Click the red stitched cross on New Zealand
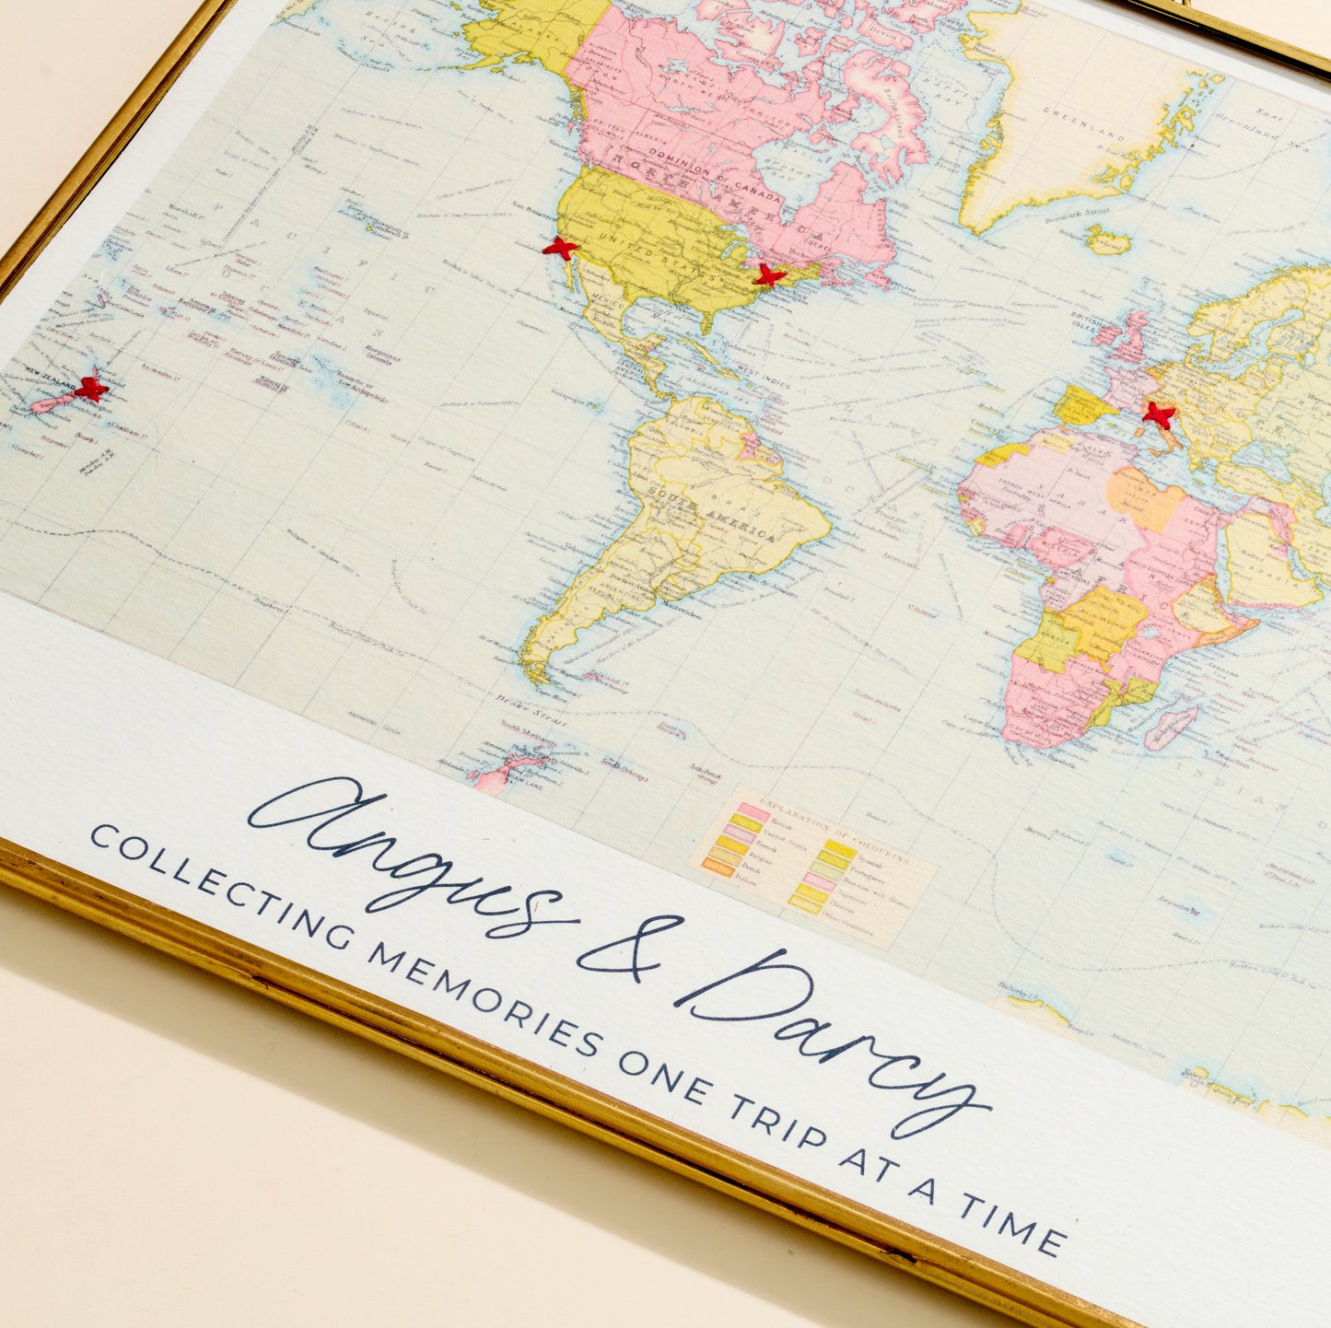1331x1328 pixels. [x=90, y=389]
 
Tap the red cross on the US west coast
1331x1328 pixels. [x=559, y=247]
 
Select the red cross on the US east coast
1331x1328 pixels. [x=768, y=274]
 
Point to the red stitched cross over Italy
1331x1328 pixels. [x=1158, y=415]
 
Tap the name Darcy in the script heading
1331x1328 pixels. [x=829, y=1031]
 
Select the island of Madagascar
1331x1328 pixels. [x=1171, y=727]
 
